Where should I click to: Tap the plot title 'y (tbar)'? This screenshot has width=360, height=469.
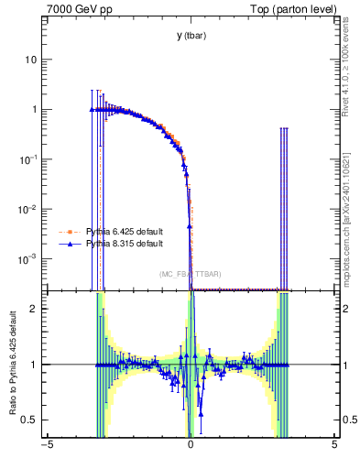[x=191, y=36]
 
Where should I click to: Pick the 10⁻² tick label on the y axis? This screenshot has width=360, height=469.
[x=29, y=209]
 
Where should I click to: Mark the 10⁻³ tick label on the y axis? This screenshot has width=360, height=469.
[x=29, y=259]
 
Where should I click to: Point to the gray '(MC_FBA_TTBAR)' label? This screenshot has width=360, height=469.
[x=191, y=274]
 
